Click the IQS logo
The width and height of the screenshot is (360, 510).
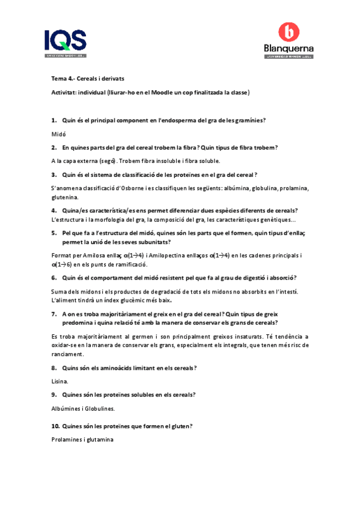pyautogui.click(x=66, y=43)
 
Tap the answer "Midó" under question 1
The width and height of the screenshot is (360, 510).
pyautogui.click(x=58, y=134)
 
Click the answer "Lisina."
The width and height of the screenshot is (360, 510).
pyautogui.click(x=60, y=381)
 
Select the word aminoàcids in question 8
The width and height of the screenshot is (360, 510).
pyautogui.click(x=112, y=367)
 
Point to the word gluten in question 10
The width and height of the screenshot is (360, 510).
pyautogui.click(x=180, y=426)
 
